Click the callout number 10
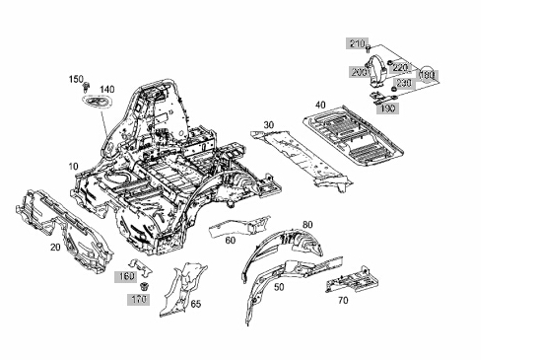(x=73, y=167)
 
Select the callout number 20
(x=55, y=247)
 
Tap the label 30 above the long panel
(x=269, y=125)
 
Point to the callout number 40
(x=320, y=105)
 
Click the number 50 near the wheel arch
(x=279, y=287)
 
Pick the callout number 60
(x=231, y=240)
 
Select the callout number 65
(x=196, y=304)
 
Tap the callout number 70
(x=343, y=301)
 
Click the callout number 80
(x=307, y=225)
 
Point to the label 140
(x=107, y=90)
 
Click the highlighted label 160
(x=126, y=276)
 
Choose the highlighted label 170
(x=138, y=299)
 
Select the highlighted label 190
(x=388, y=108)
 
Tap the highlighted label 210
(x=357, y=43)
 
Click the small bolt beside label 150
(x=87, y=87)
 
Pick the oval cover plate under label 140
(x=97, y=102)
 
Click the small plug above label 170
(x=144, y=286)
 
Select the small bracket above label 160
(x=140, y=266)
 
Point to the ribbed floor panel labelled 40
(x=354, y=136)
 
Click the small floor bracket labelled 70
(x=353, y=280)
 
